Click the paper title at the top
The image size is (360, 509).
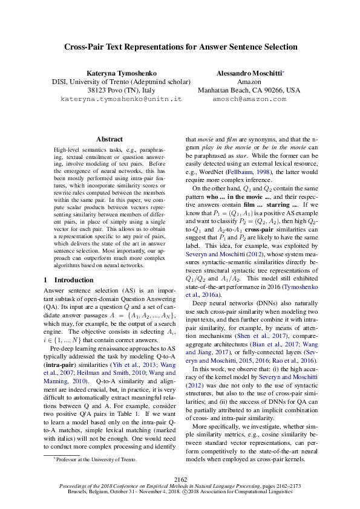[x=180, y=47]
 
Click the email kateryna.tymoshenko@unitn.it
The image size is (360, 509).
[x=113, y=98]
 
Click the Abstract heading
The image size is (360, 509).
[x=109, y=139]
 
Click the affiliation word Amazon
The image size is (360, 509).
[x=249, y=82]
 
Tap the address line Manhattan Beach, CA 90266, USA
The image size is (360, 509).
[x=249, y=90]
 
